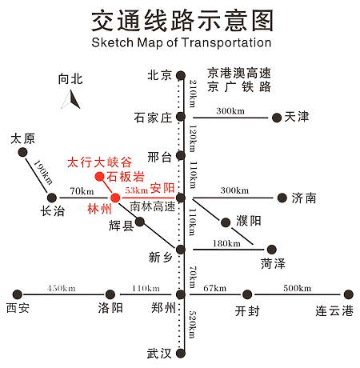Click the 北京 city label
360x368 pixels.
159,76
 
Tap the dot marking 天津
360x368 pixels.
277,118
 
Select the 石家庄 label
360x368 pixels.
153,118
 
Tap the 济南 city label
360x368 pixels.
304,198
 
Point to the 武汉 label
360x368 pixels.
159,352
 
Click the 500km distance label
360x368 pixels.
298,288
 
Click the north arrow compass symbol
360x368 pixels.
71,99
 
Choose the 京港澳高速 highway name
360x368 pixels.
239,71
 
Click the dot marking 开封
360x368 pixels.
247,294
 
